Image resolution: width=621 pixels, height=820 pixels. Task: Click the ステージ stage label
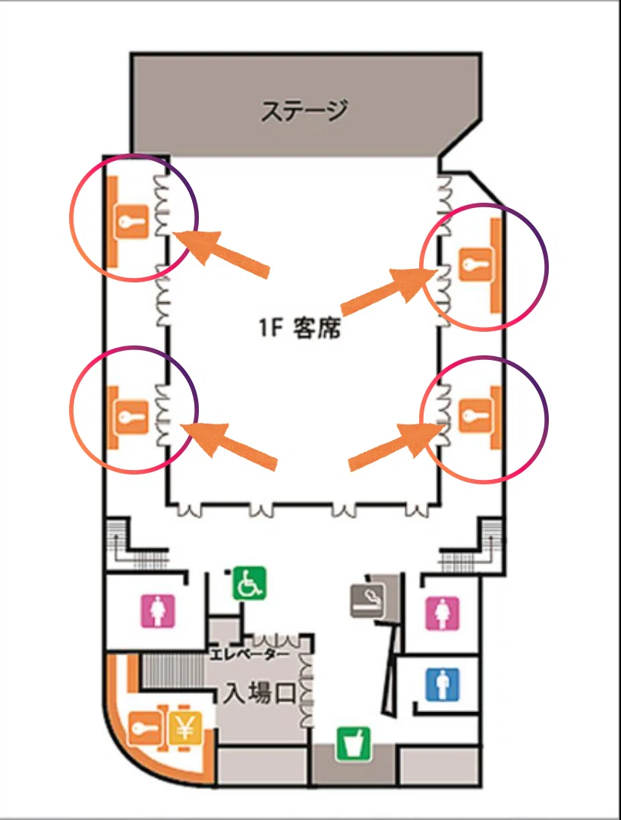(x=304, y=110)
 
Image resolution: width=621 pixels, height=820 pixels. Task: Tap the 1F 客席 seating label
(x=300, y=327)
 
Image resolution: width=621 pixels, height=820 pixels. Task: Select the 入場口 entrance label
(x=260, y=693)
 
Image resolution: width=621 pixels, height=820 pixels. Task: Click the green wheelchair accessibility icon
(x=249, y=583)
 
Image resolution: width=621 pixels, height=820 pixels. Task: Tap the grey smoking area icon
(x=367, y=601)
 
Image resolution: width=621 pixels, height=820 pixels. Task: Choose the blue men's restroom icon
(x=443, y=684)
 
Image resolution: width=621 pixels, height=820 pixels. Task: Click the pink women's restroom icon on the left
(x=159, y=610)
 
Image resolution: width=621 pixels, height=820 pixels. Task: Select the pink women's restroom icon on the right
(x=443, y=613)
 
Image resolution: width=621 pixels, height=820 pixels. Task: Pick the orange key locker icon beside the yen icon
(x=143, y=728)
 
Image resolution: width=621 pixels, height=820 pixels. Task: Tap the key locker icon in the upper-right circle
(x=475, y=264)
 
